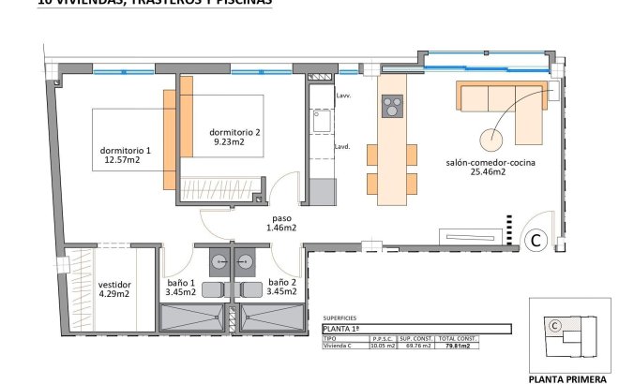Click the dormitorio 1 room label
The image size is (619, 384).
tap(125, 150)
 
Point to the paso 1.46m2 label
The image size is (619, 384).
tap(280, 221)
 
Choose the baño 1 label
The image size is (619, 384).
tap(179, 283)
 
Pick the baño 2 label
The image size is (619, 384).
tap(282, 283)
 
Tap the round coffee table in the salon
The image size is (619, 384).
tap(491, 140)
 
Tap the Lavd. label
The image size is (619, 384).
tap(342, 146)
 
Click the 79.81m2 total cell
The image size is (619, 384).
tap(483, 346)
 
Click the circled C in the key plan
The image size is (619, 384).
tap(555, 327)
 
